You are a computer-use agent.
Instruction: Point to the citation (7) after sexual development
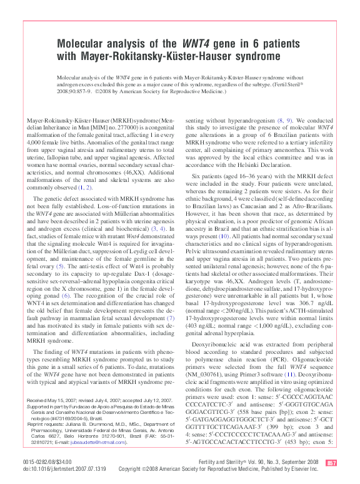(x=169, y=318)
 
